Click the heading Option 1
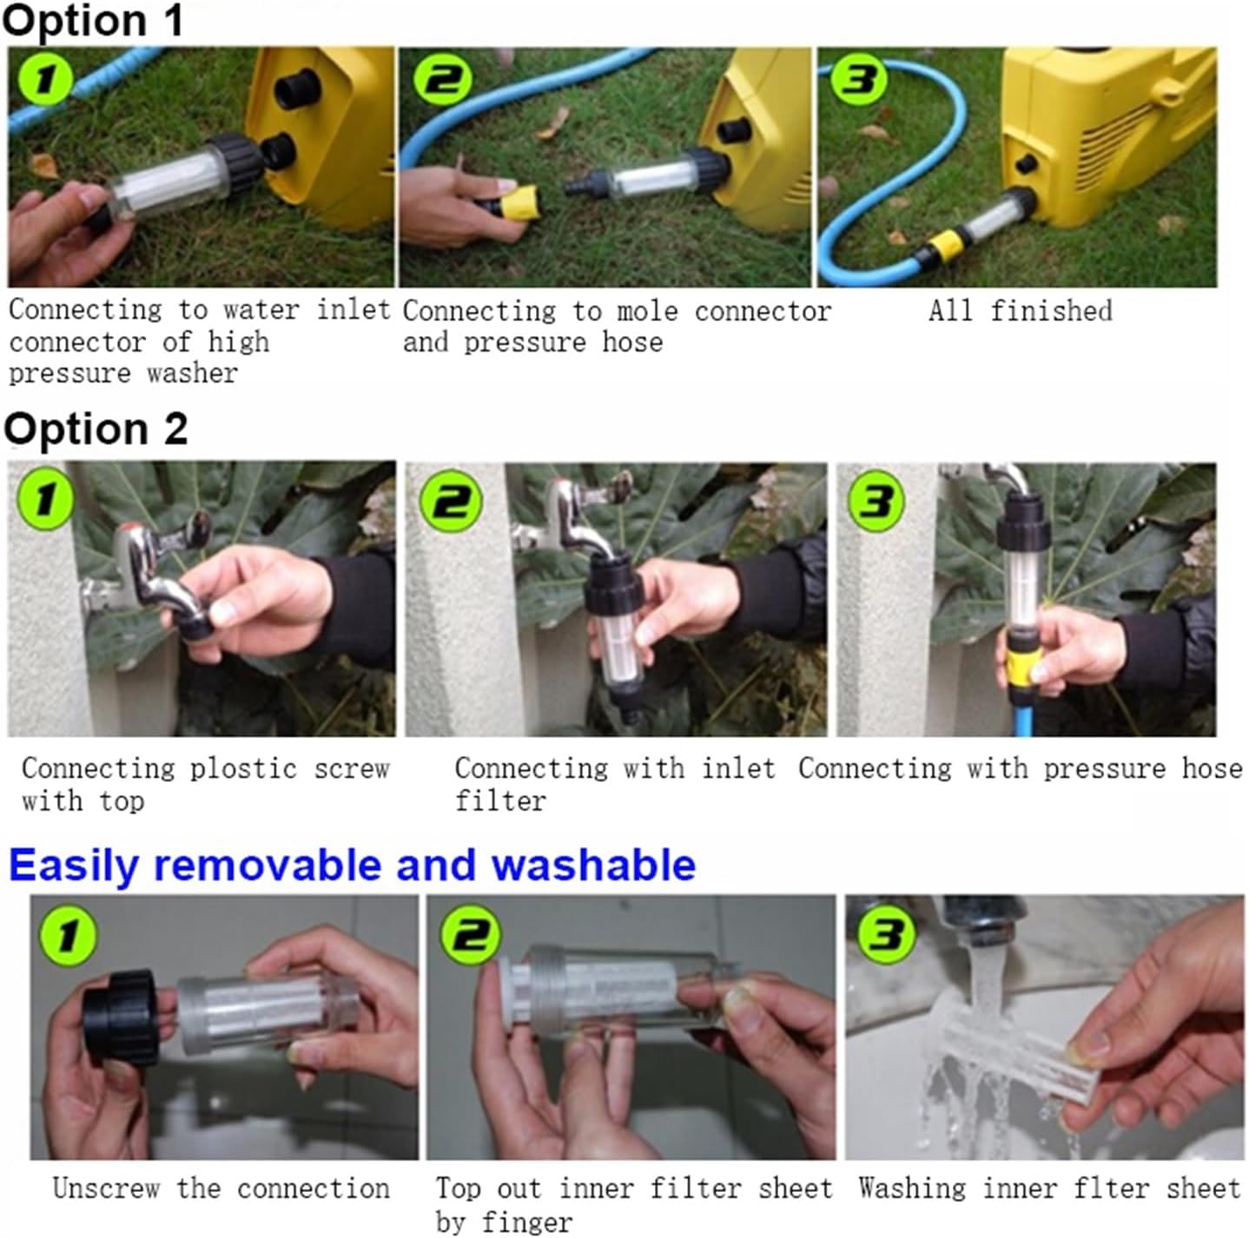coord(93,21)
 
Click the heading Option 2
coord(96,429)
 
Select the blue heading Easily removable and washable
coord(352,866)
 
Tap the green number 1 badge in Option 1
coord(44,80)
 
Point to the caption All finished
coord(1020,311)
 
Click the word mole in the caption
coord(647,311)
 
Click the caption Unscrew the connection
coord(221,1188)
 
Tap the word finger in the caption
coord(528,1222)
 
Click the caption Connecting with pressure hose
coord(1020,768)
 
